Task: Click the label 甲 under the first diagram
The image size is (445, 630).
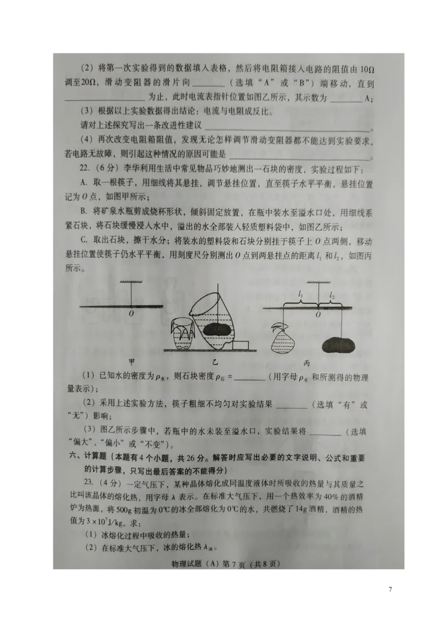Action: pos(132,362)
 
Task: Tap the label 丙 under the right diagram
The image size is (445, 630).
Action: pos(322,363)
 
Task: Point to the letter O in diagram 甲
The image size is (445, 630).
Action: pos(132,313)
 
